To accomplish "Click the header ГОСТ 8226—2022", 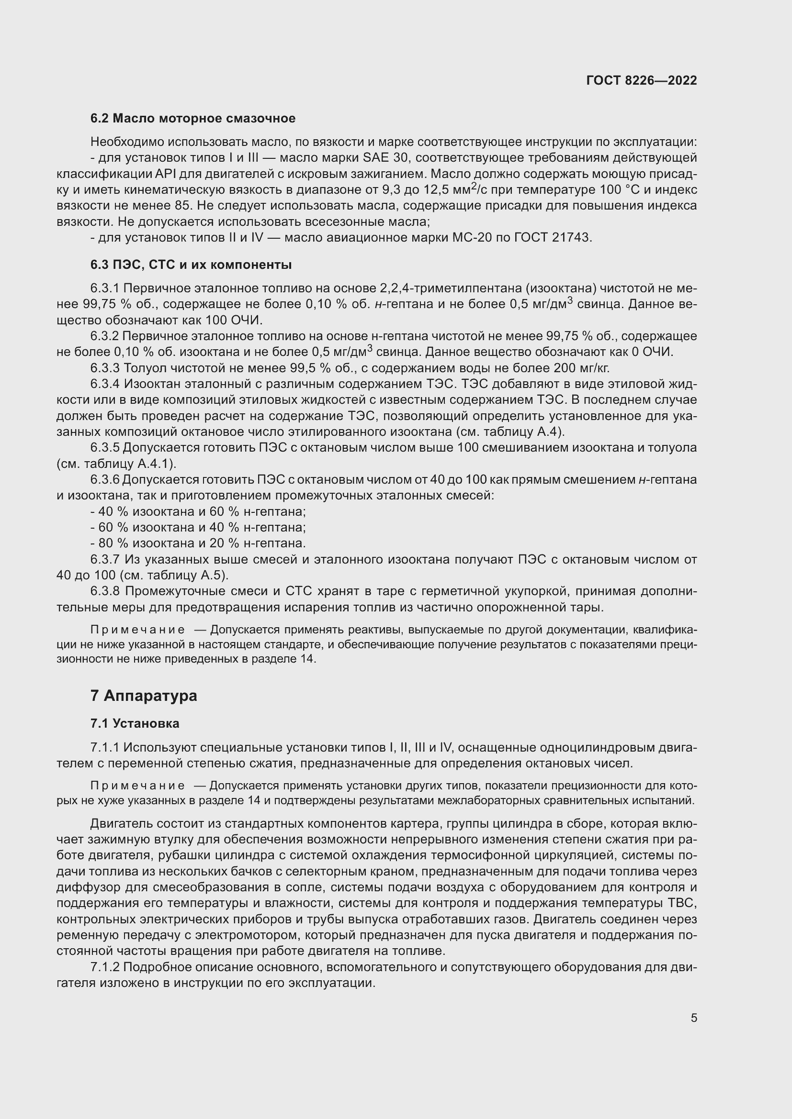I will [x=641, y=80].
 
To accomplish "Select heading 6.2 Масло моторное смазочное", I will [x=192, y=119].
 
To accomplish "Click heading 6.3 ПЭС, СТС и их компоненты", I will [x=191, y=265].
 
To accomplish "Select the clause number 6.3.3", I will [x=105, y=367].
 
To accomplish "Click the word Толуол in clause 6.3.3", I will [x=140, y=367].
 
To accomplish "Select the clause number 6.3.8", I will [x=105, y=591].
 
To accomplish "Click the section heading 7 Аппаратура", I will [x=143, y=696].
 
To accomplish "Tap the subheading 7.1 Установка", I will [x=135, y=723].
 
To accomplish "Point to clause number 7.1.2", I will [x=105, y=967].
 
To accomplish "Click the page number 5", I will [x=693, y=1018].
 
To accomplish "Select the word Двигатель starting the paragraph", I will [x=121, y=824].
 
